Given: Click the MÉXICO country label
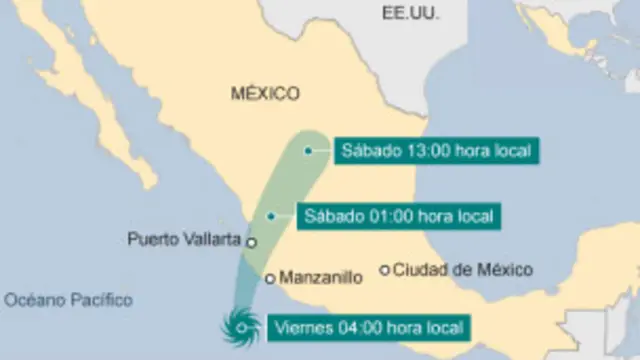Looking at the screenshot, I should (265, 94).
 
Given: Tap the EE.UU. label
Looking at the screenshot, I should (410, 12).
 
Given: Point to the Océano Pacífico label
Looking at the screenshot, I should (68, 299).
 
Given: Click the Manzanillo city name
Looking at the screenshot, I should (320, 278).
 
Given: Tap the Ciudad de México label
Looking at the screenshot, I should (462, 269).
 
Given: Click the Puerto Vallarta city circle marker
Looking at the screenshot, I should (252, 242).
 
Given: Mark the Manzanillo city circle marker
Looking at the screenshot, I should (270, 278).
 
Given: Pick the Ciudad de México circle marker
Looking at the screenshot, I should (384, 269).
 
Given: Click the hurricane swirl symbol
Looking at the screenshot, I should (241, 327).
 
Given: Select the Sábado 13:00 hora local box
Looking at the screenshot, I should (435, 151).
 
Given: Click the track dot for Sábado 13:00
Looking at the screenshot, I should (309, 151).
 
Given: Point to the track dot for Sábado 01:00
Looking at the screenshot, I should (270, 215).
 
